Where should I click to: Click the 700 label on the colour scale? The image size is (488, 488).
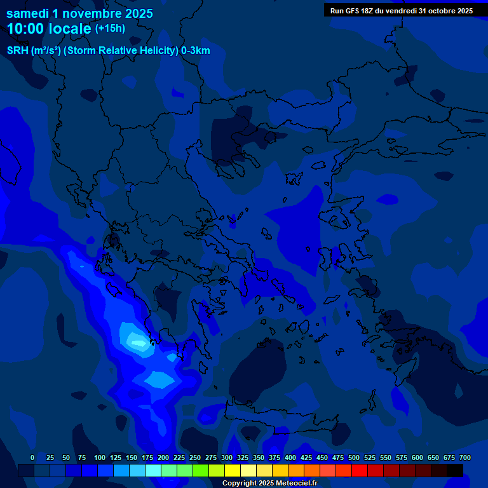464,457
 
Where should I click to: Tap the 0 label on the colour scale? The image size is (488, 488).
32,457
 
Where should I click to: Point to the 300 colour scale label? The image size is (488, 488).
227,457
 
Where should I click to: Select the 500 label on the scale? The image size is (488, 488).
354,457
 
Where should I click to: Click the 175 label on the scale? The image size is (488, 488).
147,457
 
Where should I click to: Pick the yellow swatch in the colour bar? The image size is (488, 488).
233,470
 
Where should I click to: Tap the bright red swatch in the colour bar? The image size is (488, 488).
360,470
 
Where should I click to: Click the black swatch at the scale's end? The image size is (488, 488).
455,470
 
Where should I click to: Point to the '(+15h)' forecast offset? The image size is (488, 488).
110,29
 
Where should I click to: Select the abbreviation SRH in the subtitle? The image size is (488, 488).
17,51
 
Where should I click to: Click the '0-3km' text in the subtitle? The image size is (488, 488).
195,51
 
